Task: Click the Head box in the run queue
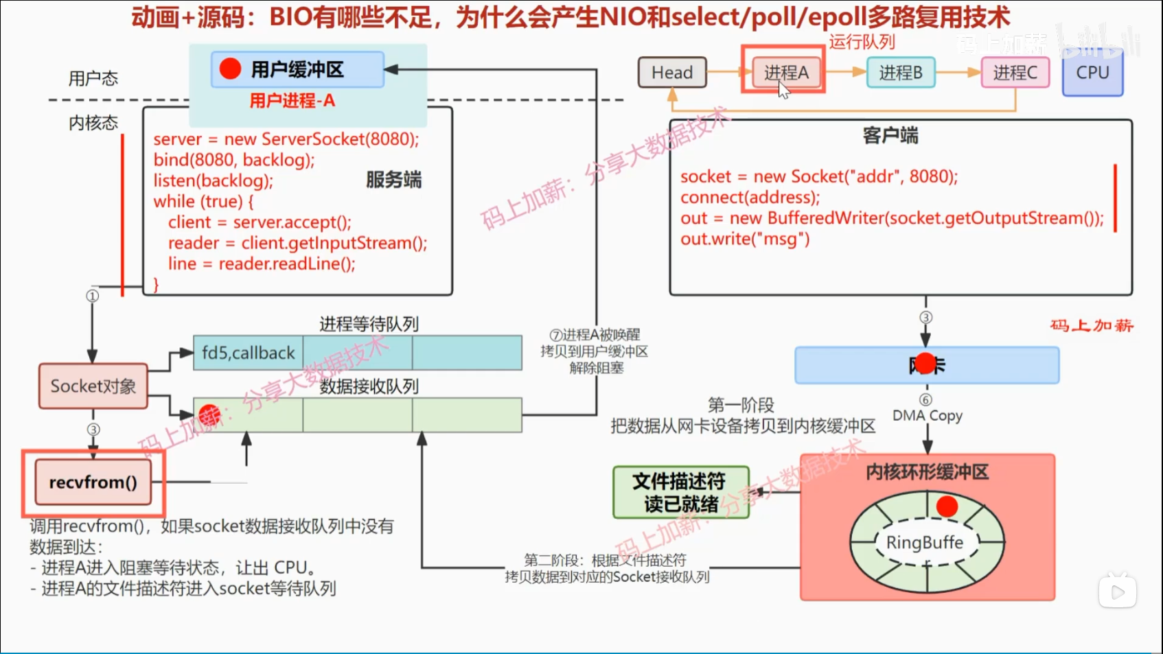pyautogui.click(x=672, y=72)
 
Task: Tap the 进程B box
pyautogui.click(x=901, y=72)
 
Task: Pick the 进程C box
pyautogui.click(x=1015, y=72)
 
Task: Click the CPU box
pyautogui.click(x=1092, y=73)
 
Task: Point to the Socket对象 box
pyautogui.click(x=93, y=386)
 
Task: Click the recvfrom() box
pyautogui.click(x=93, y=482)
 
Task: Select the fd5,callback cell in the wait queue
pyautogui.click(x=248, y=353)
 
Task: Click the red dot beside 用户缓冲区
pyautogui.click(x=230, y=69)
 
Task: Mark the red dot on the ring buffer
pyautogui.click(x=947, y=506)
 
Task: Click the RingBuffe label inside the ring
pyautogui.click(x=925, y=542)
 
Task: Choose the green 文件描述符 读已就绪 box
pyautogui.click(x=680, y=492)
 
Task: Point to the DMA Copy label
pyautogui.click(x=927, y=415)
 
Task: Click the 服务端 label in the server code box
pyautogui.click(x=393, y=180)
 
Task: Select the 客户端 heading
pyautogui.click(x=890, y=136)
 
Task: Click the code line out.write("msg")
pyautogui.click(x=745, y=239)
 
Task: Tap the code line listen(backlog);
pyautogui.click(x=213, y=180)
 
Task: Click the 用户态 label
pyautogui.click(x=93, y=78)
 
